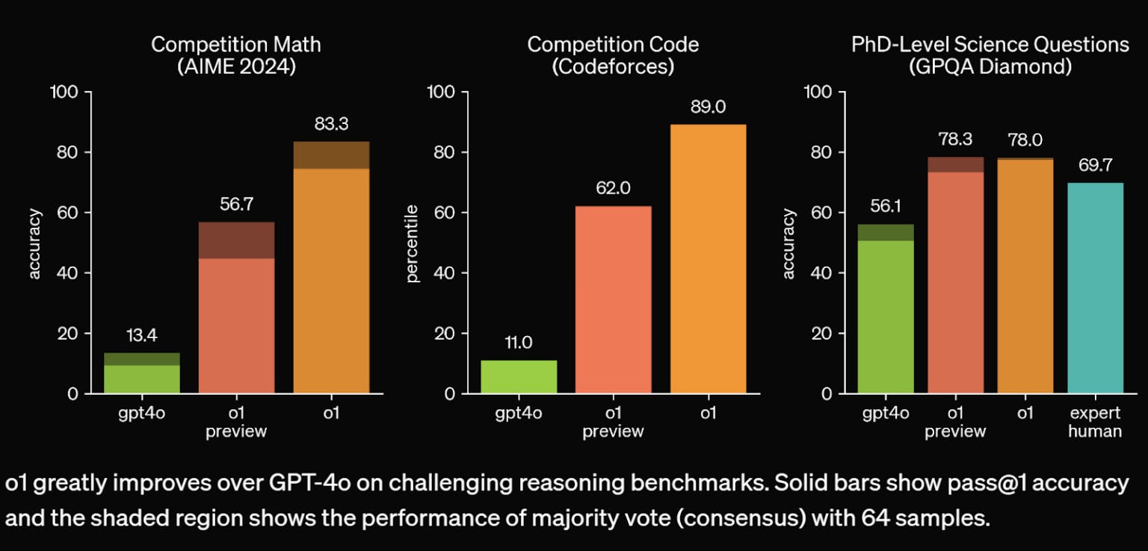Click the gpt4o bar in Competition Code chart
(x=519, y=377)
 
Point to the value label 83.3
(x=331, y=125)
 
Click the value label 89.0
(x=708, y=108)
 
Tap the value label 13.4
(x=141, y=336)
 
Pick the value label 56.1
(x=885, y=207)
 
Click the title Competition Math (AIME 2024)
(x=236, y=55)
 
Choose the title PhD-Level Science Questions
(x=990, y=45)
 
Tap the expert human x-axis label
(x=1095, y=422)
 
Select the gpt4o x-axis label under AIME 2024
(x=141, y=413)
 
